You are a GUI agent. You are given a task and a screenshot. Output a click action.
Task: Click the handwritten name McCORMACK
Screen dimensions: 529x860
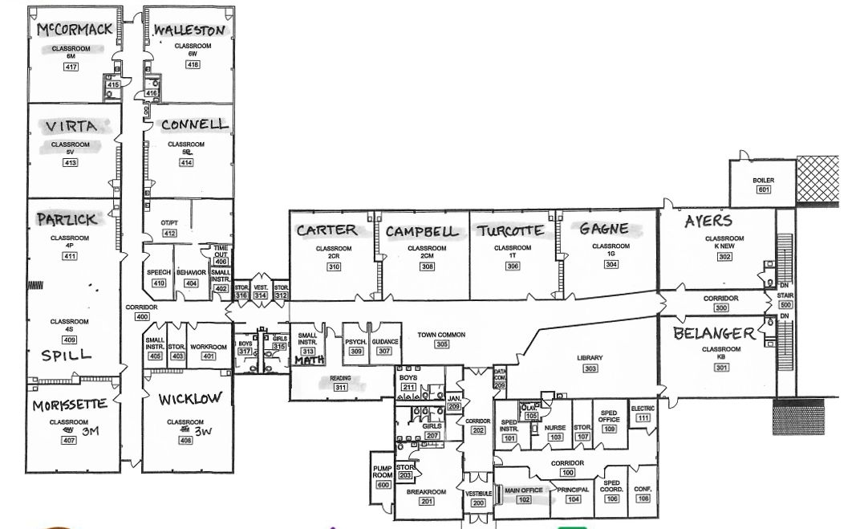coord(75,31)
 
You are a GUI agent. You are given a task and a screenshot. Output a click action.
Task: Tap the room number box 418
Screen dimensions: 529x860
coord(193,65)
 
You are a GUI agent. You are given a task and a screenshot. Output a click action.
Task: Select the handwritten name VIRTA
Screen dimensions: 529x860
coord(71,127)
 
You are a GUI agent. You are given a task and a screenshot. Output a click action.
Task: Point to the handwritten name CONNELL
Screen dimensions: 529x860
coord(194,125)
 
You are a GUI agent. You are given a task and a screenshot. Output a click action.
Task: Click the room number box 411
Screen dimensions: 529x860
coord(70,256)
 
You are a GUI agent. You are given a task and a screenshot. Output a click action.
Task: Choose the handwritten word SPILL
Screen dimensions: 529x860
coord(67,355)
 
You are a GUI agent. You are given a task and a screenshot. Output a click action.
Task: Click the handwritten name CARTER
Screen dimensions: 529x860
coord(326,230)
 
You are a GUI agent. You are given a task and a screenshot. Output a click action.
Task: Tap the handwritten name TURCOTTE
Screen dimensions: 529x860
coord(510,231)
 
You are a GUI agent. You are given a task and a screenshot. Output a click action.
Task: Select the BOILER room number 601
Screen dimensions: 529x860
coord(762,190)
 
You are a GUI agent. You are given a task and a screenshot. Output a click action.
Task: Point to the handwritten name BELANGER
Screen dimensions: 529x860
coord(714,333)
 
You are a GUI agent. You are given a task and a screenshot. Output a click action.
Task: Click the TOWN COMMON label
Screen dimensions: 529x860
coord(441,335)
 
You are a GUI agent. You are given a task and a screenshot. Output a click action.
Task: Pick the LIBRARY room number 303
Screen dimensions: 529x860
coord(590,368)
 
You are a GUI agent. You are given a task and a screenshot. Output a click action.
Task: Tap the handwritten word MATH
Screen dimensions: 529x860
coord(307,361)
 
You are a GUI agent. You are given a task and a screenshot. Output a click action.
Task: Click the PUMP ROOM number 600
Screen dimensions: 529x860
coord(383,485)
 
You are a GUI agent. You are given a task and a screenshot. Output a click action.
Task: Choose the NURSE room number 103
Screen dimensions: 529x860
coord(555,437)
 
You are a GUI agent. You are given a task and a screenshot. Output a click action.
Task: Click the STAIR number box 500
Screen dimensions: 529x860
coord(785,305)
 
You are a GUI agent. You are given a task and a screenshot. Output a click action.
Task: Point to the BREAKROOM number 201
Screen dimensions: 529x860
coord(426,502)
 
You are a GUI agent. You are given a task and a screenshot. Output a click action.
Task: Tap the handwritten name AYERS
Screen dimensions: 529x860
coord(708,222)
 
